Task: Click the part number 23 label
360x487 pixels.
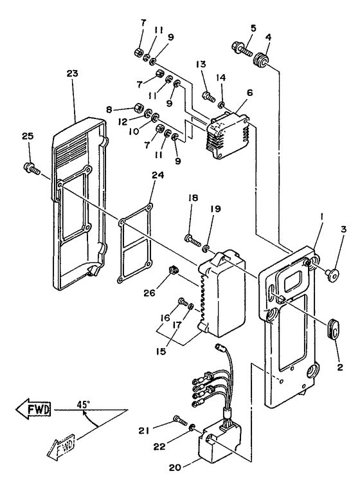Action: pyautogui.click(x=72, y=73)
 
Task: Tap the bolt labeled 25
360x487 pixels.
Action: pyautogui.click(x=32, y=167)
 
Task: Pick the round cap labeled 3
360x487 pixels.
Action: pyautogui.click(x=332, y=273)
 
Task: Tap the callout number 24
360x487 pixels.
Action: pyautogui.click(x=157, y=176)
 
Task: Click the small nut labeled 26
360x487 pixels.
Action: pyautogui.click(x=175, y=270)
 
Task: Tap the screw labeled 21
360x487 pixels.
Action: pyautogui.click(x=180, y=420)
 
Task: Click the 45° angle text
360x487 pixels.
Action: pyautogui.click(x=84, y=405)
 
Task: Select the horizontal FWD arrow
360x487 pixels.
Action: pyautogui.click(x=33, y=409)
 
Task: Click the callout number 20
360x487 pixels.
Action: pyautogui.click(x=175, y=477)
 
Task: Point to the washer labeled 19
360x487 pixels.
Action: pyautogui.click(x=206, y=249)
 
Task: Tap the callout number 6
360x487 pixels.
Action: pyautogui.click(x=250, y=93)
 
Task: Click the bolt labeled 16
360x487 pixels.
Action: pyautogui.click(x=183, y=301)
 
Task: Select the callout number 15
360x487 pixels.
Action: pyautogui.click(x=161, y=351)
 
